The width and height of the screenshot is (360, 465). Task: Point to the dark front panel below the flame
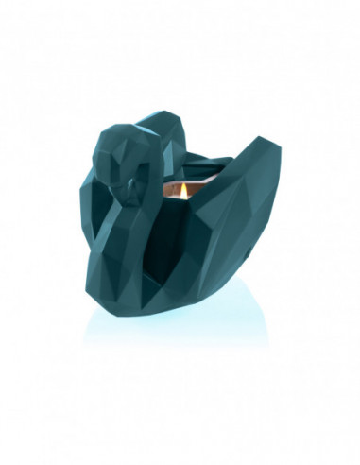tap(180, 236)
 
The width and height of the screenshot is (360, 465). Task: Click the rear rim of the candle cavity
tap(189, 176)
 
